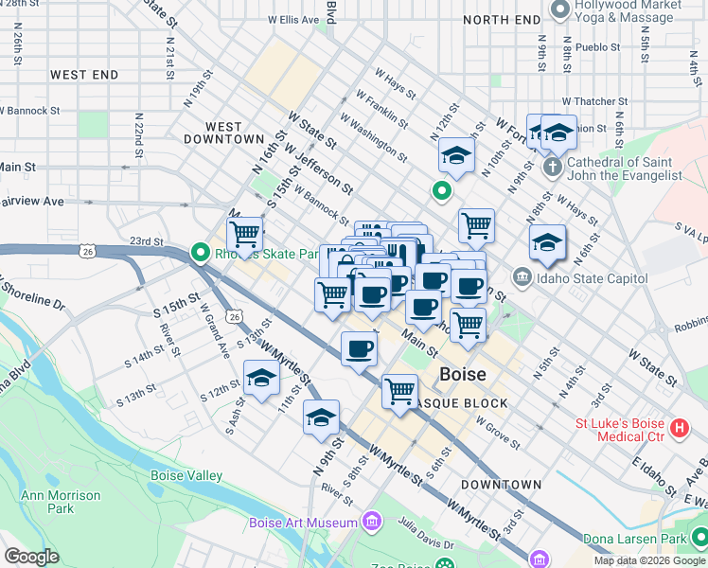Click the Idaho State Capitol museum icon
522,277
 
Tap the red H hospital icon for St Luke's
678,429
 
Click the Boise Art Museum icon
371,522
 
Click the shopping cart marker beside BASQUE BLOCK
400,389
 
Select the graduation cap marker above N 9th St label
322,417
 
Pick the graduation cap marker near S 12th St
261,379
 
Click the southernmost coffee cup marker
359,348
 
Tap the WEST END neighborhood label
84,75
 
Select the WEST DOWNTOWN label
223,133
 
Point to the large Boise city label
463,374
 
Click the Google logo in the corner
31,557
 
